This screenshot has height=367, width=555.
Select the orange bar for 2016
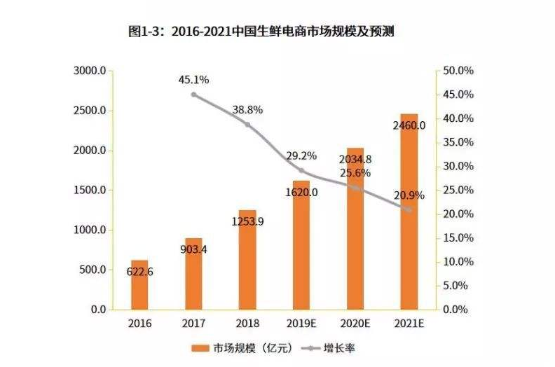coord(140,284)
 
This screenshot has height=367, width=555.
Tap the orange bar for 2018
coord(247,259)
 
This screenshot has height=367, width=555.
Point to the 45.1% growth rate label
coord(193,80)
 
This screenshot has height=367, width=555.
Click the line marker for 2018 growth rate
coord(247,125)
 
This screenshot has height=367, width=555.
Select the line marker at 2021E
coord(409,209)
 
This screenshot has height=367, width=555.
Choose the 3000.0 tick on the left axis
coord(90,71)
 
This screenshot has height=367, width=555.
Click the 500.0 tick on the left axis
coord(92,270)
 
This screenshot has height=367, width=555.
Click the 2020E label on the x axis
coord(355,324)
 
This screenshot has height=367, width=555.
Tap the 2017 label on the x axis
coord(194,324)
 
